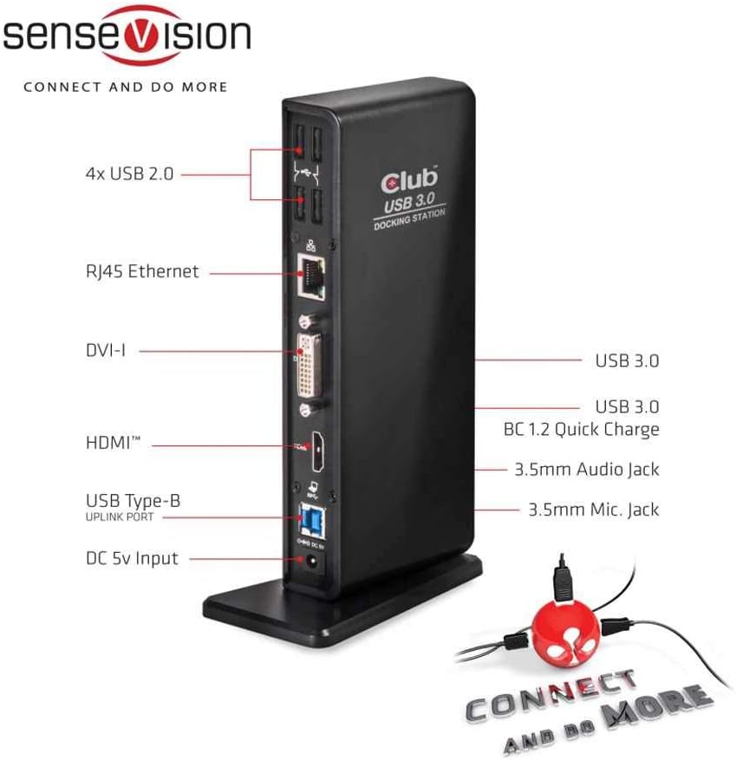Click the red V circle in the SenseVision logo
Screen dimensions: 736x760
(140, 36)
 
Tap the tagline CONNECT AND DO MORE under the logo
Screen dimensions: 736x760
(126, 88)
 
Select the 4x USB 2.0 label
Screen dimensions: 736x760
(129, 173)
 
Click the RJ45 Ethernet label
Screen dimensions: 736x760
(142, 271)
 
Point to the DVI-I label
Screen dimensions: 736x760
(106, 350)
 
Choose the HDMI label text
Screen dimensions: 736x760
(113, 443)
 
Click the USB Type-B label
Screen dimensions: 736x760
(133, 501)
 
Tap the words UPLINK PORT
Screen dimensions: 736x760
(120, 517)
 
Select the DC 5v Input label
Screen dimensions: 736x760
(132, 558)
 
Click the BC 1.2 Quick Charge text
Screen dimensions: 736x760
(582, 430)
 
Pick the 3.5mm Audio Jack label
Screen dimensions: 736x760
(587, 469)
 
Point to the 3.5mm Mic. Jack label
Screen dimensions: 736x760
(594, 510)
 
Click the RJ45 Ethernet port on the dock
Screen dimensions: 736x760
(311, 277)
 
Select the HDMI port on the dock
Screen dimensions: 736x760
(318, 451)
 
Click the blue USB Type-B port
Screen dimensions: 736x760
(313, 520)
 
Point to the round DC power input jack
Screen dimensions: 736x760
(311, 562)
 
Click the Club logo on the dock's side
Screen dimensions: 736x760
(409, 180)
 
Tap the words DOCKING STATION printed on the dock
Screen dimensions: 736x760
(410, 219)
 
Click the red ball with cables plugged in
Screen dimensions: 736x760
(565, 632)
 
